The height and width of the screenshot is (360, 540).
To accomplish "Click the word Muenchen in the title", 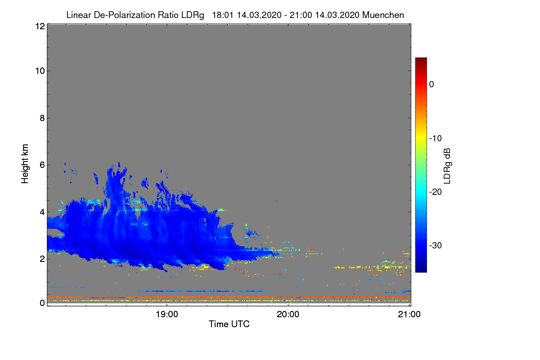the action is pos(383,15).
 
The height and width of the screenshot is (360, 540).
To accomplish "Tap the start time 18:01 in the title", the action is pos(223,15).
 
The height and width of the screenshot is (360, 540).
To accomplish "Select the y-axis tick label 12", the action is pos(40,26).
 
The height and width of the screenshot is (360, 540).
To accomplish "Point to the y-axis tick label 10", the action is pos(40,71).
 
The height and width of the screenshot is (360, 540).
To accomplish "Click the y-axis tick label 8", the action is pos(42,118).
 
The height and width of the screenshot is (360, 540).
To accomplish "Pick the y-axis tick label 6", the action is pos(42,165).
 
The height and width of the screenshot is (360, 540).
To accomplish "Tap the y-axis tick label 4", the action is pos(42,212).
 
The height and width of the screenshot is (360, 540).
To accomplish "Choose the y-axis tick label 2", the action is pos(42,259).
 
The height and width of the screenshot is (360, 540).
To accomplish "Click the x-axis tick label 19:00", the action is pos(167,315).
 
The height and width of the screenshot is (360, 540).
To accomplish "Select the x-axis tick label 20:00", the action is pos(288,315).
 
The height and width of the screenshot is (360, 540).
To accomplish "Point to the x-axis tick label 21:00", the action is pos(409,315).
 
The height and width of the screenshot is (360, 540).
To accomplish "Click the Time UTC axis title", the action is pos(229,324).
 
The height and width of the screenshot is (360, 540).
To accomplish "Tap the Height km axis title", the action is pos(25,164).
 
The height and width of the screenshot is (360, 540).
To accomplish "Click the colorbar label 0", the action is pos(432,85).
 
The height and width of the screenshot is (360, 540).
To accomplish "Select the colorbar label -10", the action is pos(436,139).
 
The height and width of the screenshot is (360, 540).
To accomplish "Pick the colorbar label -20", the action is pos(436,192).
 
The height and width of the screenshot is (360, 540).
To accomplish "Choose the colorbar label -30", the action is pos(436,245).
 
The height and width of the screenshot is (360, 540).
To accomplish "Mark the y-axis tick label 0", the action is pos(42,303).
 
